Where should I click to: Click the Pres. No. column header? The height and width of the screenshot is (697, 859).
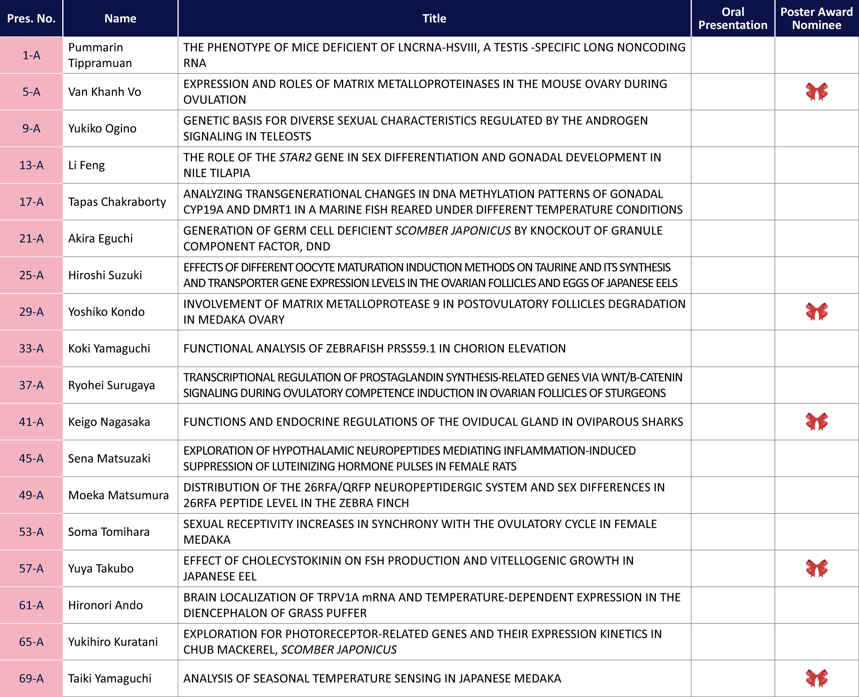tap(31, 18)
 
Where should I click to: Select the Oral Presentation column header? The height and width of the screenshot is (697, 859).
tap(733, 18)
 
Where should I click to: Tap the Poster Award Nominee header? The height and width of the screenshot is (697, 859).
tap(816, 18)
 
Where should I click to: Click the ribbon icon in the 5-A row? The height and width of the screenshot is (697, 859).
tap(816, 92)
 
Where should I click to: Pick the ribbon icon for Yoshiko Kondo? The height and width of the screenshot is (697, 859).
tap(816, 312)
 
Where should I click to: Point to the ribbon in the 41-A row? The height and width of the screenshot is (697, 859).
tap(816, 422)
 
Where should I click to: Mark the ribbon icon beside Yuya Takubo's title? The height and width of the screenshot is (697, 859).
tap(816, 568)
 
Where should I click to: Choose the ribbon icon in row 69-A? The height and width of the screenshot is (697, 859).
tap(816, 678)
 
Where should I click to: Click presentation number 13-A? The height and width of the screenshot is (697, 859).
tap(31, 165)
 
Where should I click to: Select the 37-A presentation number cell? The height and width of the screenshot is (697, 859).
tap(31, 385)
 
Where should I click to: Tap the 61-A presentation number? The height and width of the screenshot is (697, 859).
tap(31, 605)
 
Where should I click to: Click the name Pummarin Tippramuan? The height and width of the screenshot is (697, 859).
tap(100, 55)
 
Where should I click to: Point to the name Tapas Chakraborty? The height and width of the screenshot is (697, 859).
tap(117, 202)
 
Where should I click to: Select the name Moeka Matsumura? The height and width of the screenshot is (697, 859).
tap(118, 495)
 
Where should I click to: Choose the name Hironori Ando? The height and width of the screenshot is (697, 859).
tap(105, 605)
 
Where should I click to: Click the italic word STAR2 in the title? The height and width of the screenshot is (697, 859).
tap(295, 157)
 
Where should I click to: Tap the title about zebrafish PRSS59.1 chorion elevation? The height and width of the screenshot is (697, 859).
tap(374, 348)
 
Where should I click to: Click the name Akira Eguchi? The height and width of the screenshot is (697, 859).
tap(101, 238)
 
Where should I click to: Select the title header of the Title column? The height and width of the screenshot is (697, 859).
tap(434, 18)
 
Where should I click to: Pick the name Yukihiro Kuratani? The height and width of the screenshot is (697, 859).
tap(113, 642)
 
